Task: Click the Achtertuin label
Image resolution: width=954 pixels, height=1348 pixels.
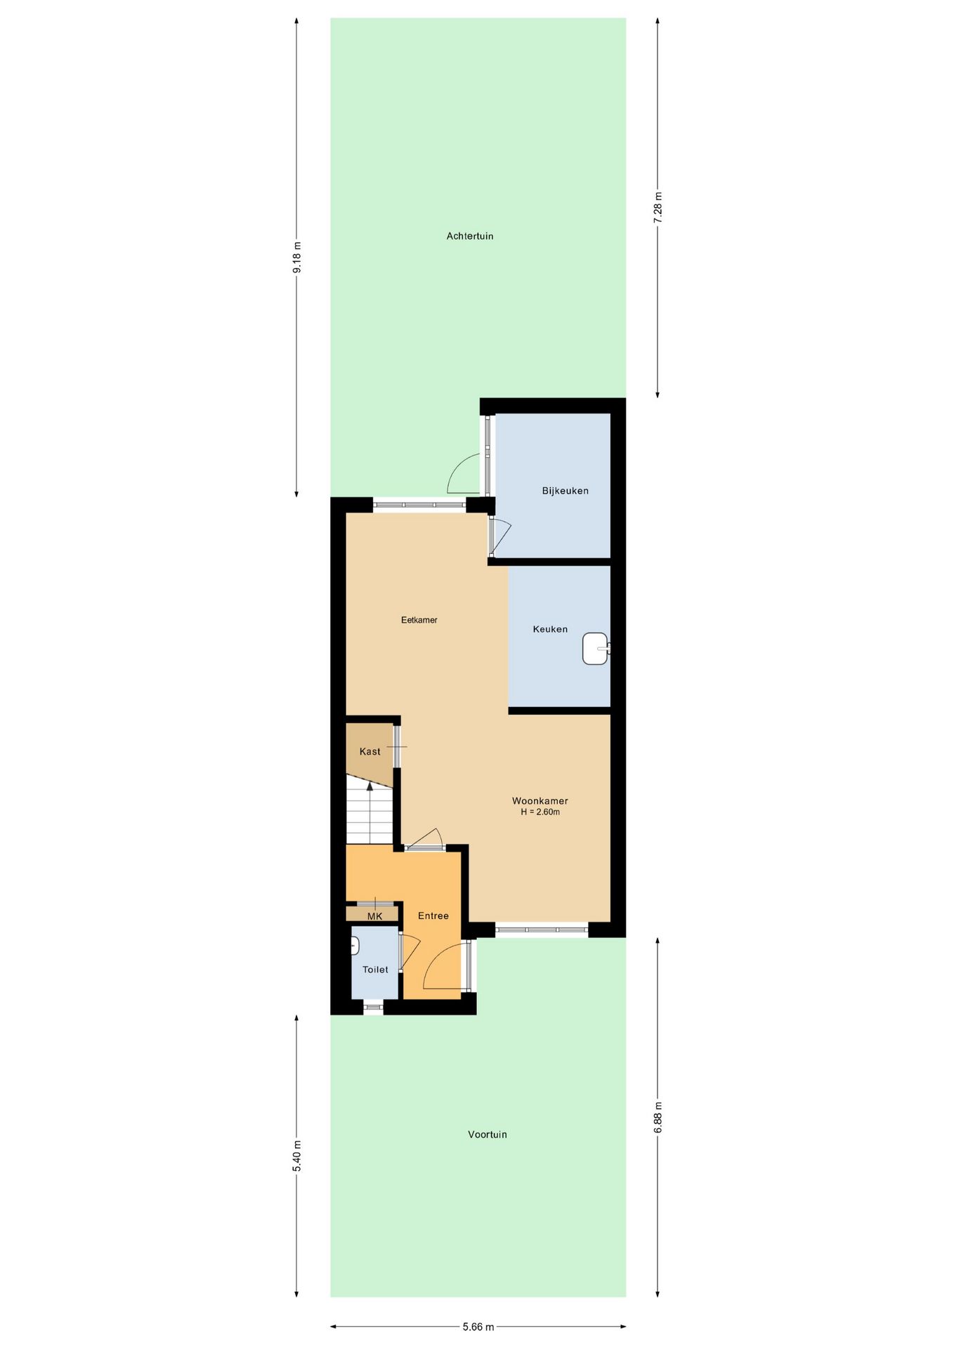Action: pos(469,237)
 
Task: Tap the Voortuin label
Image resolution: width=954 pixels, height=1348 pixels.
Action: pos(487,1135)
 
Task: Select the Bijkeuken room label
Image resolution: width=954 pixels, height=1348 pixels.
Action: pos(565,491)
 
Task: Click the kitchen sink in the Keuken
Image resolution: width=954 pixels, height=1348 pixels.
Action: pos(595,649)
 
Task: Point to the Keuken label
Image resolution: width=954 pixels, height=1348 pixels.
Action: pos(550,629)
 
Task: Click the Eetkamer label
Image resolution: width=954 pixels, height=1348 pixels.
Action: pos(419,620)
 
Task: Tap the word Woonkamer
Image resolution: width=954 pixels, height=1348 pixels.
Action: pos(540,801)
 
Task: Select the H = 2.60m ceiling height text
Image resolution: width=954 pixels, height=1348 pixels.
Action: pos(540,812)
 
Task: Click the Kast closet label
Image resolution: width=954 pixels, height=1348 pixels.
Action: pos(370,752)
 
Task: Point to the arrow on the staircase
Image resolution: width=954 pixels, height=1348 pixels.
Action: pos(370,786)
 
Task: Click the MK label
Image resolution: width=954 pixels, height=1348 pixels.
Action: pos(374,916)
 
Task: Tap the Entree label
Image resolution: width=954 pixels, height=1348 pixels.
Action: pos(433,916)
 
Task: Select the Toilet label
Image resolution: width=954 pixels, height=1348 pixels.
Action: pos(375,970)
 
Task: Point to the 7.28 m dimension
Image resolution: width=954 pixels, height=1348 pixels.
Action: pos(658,208)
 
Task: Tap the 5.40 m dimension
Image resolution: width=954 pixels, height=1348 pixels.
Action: pos(296,1156)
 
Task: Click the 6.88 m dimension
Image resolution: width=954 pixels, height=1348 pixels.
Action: pos(658,1116)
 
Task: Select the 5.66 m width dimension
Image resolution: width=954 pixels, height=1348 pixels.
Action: pos(478,1327)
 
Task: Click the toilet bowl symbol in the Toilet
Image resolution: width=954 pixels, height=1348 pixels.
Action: pos(355,946)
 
